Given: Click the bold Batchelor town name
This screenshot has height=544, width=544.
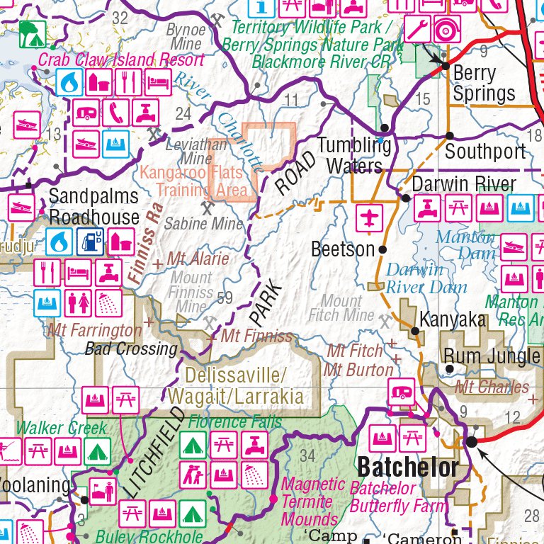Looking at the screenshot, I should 408,468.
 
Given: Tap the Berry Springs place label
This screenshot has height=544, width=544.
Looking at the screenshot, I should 484,83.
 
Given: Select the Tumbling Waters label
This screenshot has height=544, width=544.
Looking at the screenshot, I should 354,156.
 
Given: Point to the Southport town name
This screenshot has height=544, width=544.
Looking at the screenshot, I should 485,151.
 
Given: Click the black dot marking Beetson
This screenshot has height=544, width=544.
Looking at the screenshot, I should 382,249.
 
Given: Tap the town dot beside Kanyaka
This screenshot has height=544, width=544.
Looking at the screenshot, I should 415,330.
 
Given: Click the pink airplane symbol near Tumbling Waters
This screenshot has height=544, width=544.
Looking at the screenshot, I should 368,217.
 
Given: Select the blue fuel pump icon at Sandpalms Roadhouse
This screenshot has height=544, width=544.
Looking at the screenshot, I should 90,242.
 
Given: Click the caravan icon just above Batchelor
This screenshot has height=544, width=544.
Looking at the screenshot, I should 402,390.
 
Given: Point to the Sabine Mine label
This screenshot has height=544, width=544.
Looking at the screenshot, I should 203,224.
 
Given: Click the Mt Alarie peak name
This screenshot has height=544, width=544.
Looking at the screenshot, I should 198,259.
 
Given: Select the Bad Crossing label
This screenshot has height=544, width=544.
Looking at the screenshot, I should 130,348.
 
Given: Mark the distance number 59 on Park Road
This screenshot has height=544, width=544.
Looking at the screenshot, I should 225,298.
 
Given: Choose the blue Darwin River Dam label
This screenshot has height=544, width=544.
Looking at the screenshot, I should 426,278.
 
